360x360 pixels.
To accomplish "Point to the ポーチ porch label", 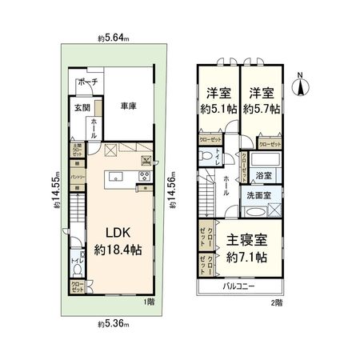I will point(88,83).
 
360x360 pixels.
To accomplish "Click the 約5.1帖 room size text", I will point(216,109).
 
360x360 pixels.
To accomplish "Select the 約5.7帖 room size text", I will point(262,109).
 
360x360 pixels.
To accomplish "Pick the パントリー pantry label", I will point(77,174).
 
